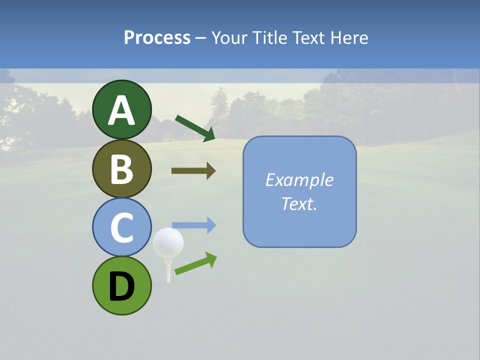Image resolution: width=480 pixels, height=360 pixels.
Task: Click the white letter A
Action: (x=122, y=110)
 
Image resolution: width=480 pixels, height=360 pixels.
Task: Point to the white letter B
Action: (x=122, y=169)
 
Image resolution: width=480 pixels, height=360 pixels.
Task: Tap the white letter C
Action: (x=122, y=227)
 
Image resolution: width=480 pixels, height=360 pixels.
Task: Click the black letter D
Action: (x=122, y=286)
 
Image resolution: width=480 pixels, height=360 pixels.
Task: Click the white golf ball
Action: (x=168, y=242)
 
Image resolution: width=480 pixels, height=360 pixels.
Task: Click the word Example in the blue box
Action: (x=299, y=180)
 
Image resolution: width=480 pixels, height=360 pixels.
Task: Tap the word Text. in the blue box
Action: (x=299, y=203)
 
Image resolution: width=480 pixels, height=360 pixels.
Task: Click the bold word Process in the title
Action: (x=157, y=37)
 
